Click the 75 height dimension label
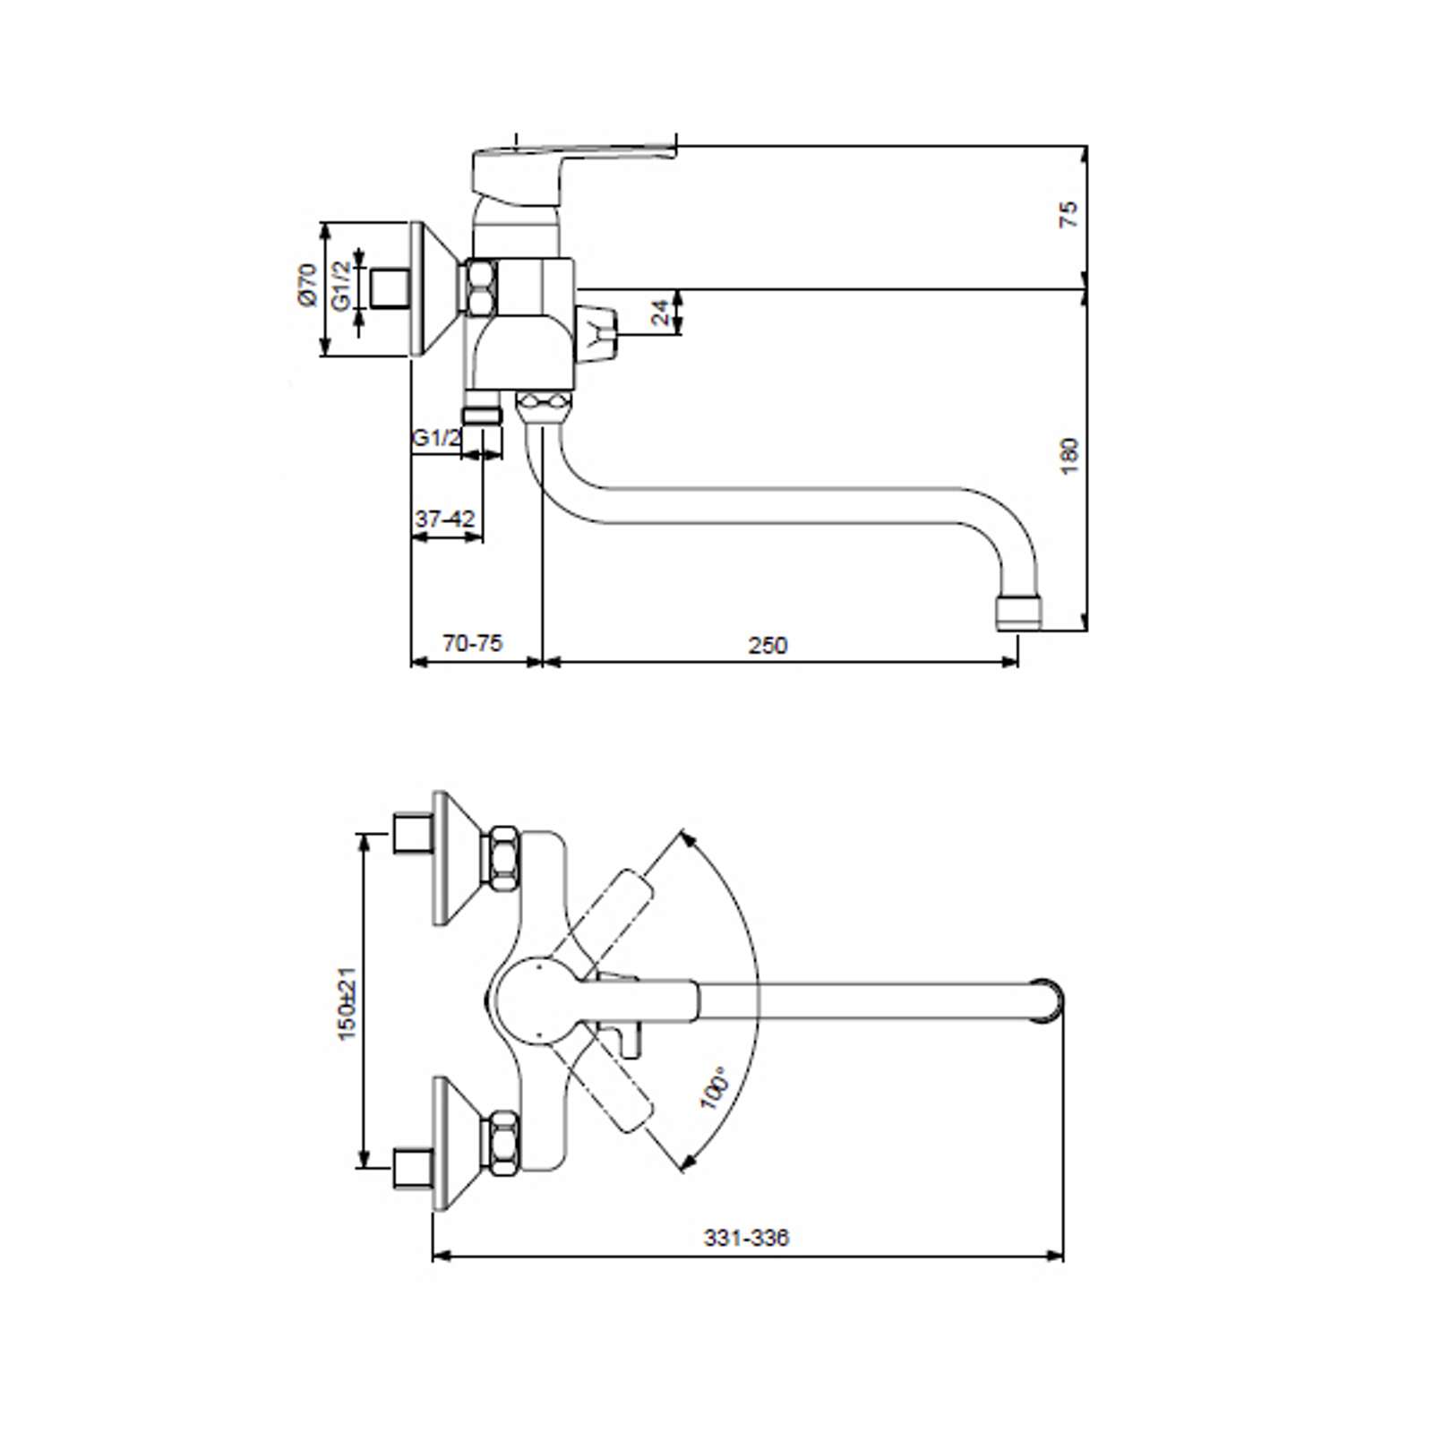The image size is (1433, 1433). [x=1069, y=215]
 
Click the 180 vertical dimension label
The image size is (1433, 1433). [x=1069, y=456]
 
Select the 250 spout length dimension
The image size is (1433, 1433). [x=768, y=645]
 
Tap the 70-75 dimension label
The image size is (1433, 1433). [x=473, y=643]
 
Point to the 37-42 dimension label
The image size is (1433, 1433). [x=445, y=519]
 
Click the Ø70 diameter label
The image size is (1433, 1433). [x=307, y=285]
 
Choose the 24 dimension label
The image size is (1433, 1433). [x=660, y=313]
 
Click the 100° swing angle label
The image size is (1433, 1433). [x=715, y=1087]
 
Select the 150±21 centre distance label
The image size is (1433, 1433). [x=346, y=1003]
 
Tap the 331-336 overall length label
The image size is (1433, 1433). [x=746, y=1238]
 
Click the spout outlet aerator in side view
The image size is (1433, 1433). [x=1019, y=614]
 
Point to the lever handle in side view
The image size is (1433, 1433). [x=573, y=170]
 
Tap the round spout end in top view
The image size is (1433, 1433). [x=1048, y=1000]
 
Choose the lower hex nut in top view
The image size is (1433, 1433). [x=502, y=1142]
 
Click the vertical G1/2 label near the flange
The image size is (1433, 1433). [x=341, y=286]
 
